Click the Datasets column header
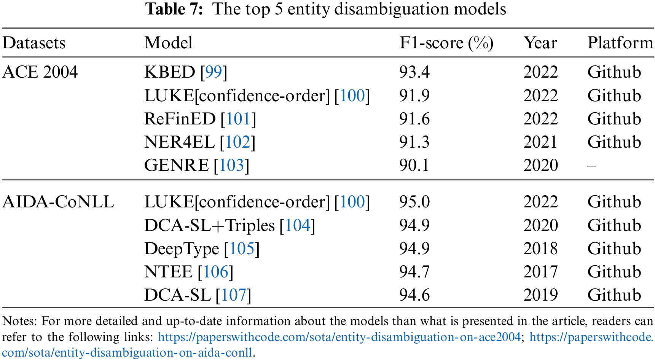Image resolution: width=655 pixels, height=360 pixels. [x=34, y=43]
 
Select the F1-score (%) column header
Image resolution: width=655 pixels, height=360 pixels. [x=446, y=43]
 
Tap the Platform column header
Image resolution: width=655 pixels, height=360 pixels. [x=620, y=43]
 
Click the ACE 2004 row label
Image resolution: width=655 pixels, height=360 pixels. [x=40, y=72]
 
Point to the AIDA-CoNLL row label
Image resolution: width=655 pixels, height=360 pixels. [x=58, y=202]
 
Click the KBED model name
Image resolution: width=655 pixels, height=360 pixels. [x=170, y=72]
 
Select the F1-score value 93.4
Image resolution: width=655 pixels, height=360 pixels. [x=414, y=72]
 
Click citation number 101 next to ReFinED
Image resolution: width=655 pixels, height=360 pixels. [x=238, y=119]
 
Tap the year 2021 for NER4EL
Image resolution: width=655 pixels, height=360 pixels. [x=540, y=142]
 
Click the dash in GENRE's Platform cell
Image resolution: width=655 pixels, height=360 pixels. [x=591, y=166]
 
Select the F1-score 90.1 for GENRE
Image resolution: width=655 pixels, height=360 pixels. [x=414, y=165]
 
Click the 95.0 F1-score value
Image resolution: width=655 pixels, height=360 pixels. [x=414, y=202]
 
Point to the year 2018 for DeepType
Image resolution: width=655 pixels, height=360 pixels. [x=540, y=248]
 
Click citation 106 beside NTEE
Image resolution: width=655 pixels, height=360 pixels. [x=215, y=272]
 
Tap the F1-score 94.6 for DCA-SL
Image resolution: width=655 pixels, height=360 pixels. [x=414, y=295]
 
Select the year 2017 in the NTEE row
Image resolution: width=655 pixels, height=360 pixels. [x=540, y=272]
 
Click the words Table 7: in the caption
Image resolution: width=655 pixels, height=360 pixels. [x=174, y=9]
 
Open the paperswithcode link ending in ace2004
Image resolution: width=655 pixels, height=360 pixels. [x=339, y=337]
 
